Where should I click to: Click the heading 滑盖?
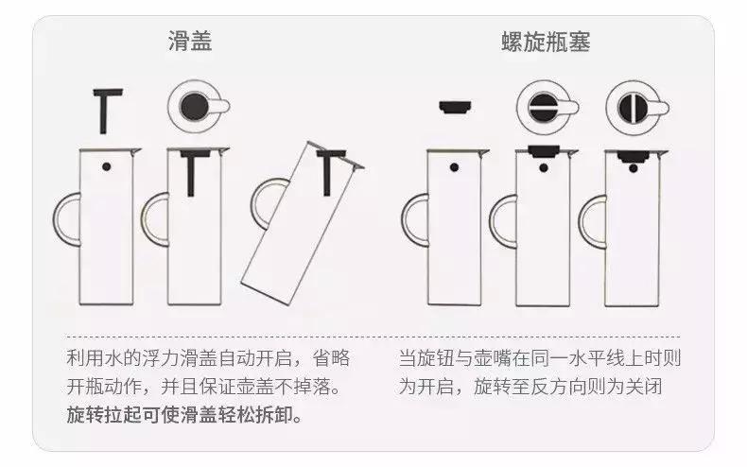click(x=189, y=42)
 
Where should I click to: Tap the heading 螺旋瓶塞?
click(x=547, y=42)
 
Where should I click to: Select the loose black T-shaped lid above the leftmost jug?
click(x=109, y=110)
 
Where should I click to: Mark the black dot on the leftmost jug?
click(x=107, y=167)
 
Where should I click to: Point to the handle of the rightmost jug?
click(x=593, y=218)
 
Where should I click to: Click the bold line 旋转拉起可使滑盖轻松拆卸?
click(x=185, y=414)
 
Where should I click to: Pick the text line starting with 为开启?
click(x=539, y=387)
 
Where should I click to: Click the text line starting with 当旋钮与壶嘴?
click(x=539, y=359)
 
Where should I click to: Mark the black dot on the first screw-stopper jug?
click(x=457, y=167)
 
